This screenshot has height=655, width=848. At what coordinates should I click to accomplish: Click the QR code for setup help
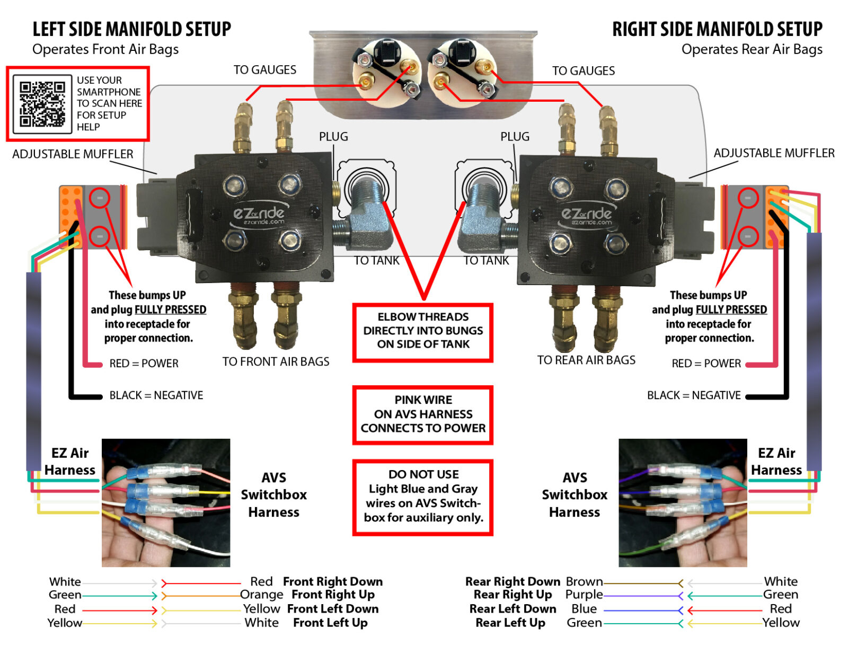tap(42, 104)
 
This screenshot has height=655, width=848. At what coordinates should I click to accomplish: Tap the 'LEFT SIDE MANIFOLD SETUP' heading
tap(131, 29)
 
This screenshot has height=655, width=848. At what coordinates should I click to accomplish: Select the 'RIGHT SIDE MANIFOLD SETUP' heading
tap(717, 29)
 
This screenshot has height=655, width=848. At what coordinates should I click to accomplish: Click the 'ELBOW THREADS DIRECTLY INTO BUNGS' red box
tap(422, 331)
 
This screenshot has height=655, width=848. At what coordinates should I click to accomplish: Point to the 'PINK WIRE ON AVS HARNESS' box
tap(422, 414)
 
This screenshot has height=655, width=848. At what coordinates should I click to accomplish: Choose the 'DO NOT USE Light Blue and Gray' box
tap(422, 497)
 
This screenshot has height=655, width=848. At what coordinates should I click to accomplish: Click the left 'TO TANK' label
tap(376, 261)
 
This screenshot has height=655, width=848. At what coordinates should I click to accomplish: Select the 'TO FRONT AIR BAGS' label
tap(276, 362)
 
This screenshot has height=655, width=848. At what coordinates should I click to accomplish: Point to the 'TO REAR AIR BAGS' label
tap(586, 360)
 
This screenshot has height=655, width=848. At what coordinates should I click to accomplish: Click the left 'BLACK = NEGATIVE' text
tap(156, 395)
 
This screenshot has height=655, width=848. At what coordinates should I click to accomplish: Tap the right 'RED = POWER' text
tap(706, 364)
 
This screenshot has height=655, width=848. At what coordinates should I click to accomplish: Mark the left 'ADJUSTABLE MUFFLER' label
tap(73, 154)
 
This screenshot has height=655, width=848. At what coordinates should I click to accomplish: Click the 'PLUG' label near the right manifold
tap(515, 137)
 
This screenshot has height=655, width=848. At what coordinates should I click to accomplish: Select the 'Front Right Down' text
tap(332, 582)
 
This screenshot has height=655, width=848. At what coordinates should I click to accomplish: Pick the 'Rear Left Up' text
tap(510, 623)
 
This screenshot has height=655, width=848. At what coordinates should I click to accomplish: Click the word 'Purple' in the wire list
tap(584, 595)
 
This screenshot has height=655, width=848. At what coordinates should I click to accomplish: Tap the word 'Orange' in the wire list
tap(261, 595)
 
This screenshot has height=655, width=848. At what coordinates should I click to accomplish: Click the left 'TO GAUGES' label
tap(264, 70)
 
